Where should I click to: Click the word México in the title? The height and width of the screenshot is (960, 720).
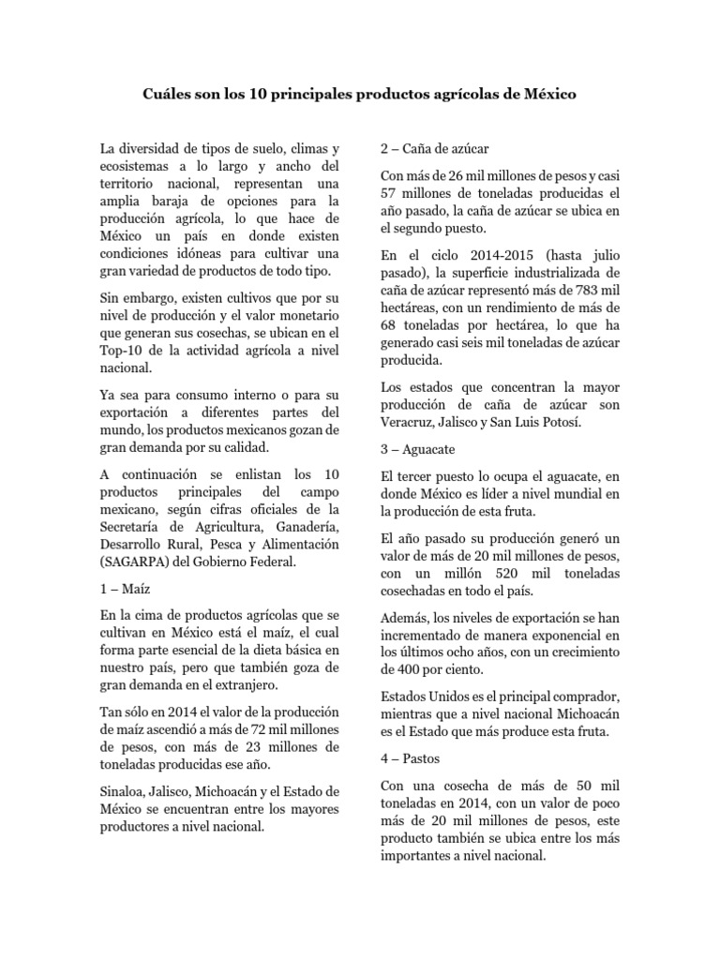tap(548, 95)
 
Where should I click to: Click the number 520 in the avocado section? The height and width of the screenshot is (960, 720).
tap(508, 574)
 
